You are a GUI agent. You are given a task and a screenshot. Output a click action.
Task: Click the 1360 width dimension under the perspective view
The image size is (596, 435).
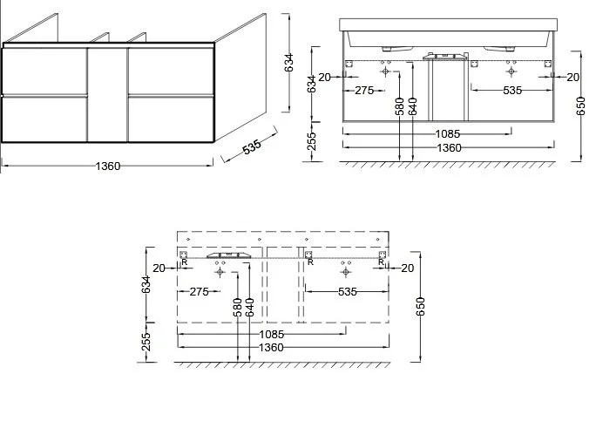pyautogui.click(x=108, y=167)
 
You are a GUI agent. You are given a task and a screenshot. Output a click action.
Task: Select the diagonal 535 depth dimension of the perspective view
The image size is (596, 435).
pyautogui.click(x=252, y=146)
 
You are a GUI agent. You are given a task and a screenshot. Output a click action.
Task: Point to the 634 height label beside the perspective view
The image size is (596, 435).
pyautogui.click(x=289, y=63)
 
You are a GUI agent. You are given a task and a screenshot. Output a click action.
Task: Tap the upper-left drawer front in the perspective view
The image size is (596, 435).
pyautogui.click(x=44, y=71)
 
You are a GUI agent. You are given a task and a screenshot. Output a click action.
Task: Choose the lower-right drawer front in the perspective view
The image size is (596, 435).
pyautogui.click(x=172, y=119)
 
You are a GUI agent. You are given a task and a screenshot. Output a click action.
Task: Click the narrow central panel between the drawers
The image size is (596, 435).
pyautogui.click(x=108, y=95)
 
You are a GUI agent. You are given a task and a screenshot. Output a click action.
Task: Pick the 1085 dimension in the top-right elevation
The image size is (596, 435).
pyautogui.click(x=447, y=134)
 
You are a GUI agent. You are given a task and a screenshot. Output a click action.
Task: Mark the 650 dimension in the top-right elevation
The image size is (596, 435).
pyautogui.click(x=580, y=106)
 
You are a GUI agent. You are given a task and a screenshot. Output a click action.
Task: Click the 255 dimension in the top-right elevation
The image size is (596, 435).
pyautogui.click(x=311, y=141)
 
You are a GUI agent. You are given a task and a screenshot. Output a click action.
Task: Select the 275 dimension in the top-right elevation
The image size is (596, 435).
pyautogui.click(x=364, y=91)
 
